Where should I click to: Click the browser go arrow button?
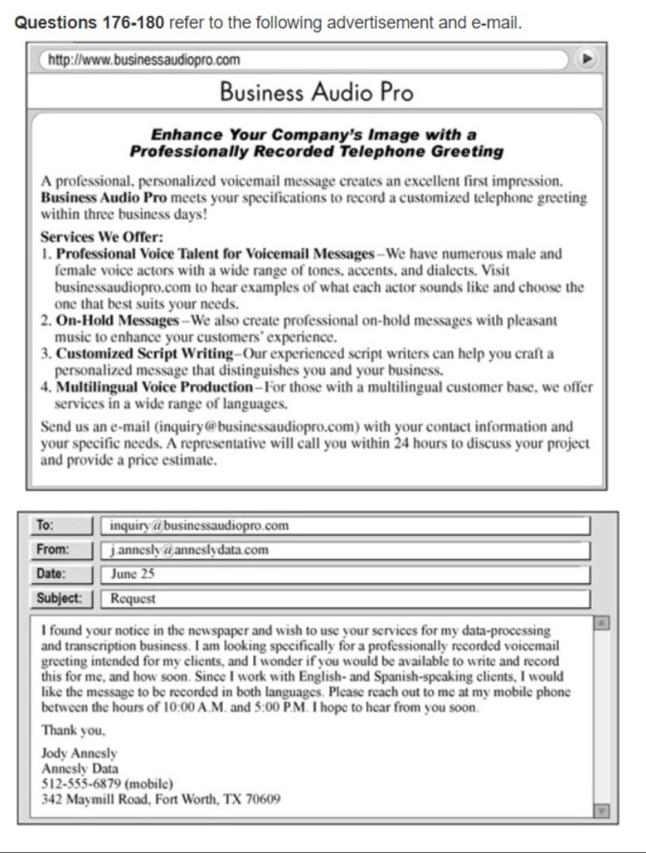click(x=588, y=59)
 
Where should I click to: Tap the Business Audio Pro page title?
click(x=316, y=92)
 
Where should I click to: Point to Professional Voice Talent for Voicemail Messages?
click(x=215, y=253)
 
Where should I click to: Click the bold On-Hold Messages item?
click(x=117, y=320)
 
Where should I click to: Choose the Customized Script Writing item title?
click(x=142, y=353)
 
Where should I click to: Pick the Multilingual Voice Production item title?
click(x=154, y=387)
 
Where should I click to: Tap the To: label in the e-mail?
click(x=45, y=526)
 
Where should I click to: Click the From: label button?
click(x=52, y=550)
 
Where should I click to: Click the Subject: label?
click(x=59, y=598)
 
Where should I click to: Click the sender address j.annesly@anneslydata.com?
click(x=189, y=550)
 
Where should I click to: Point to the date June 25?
click(x=132, y=574)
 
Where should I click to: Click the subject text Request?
click(x=133, y=598)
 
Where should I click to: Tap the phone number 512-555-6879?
click(x=80, y=784)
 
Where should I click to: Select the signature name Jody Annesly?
click(x=79, y=754)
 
